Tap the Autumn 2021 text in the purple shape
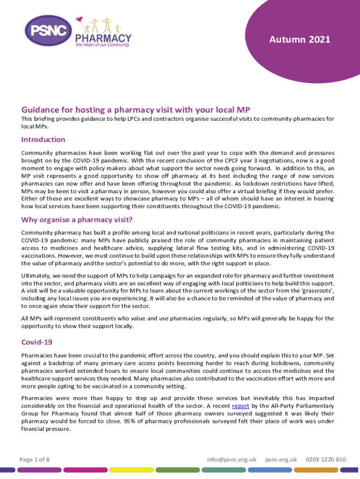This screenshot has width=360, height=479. (300, 40)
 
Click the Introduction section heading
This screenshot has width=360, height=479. (43, 139)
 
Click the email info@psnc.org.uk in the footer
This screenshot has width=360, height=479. (232, 459)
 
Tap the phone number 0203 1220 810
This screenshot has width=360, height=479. (325, 459)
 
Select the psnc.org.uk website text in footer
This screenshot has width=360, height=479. (281, 459)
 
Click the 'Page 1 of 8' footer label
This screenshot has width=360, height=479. (35, 459)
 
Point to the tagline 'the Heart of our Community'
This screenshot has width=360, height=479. (103, 45)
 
